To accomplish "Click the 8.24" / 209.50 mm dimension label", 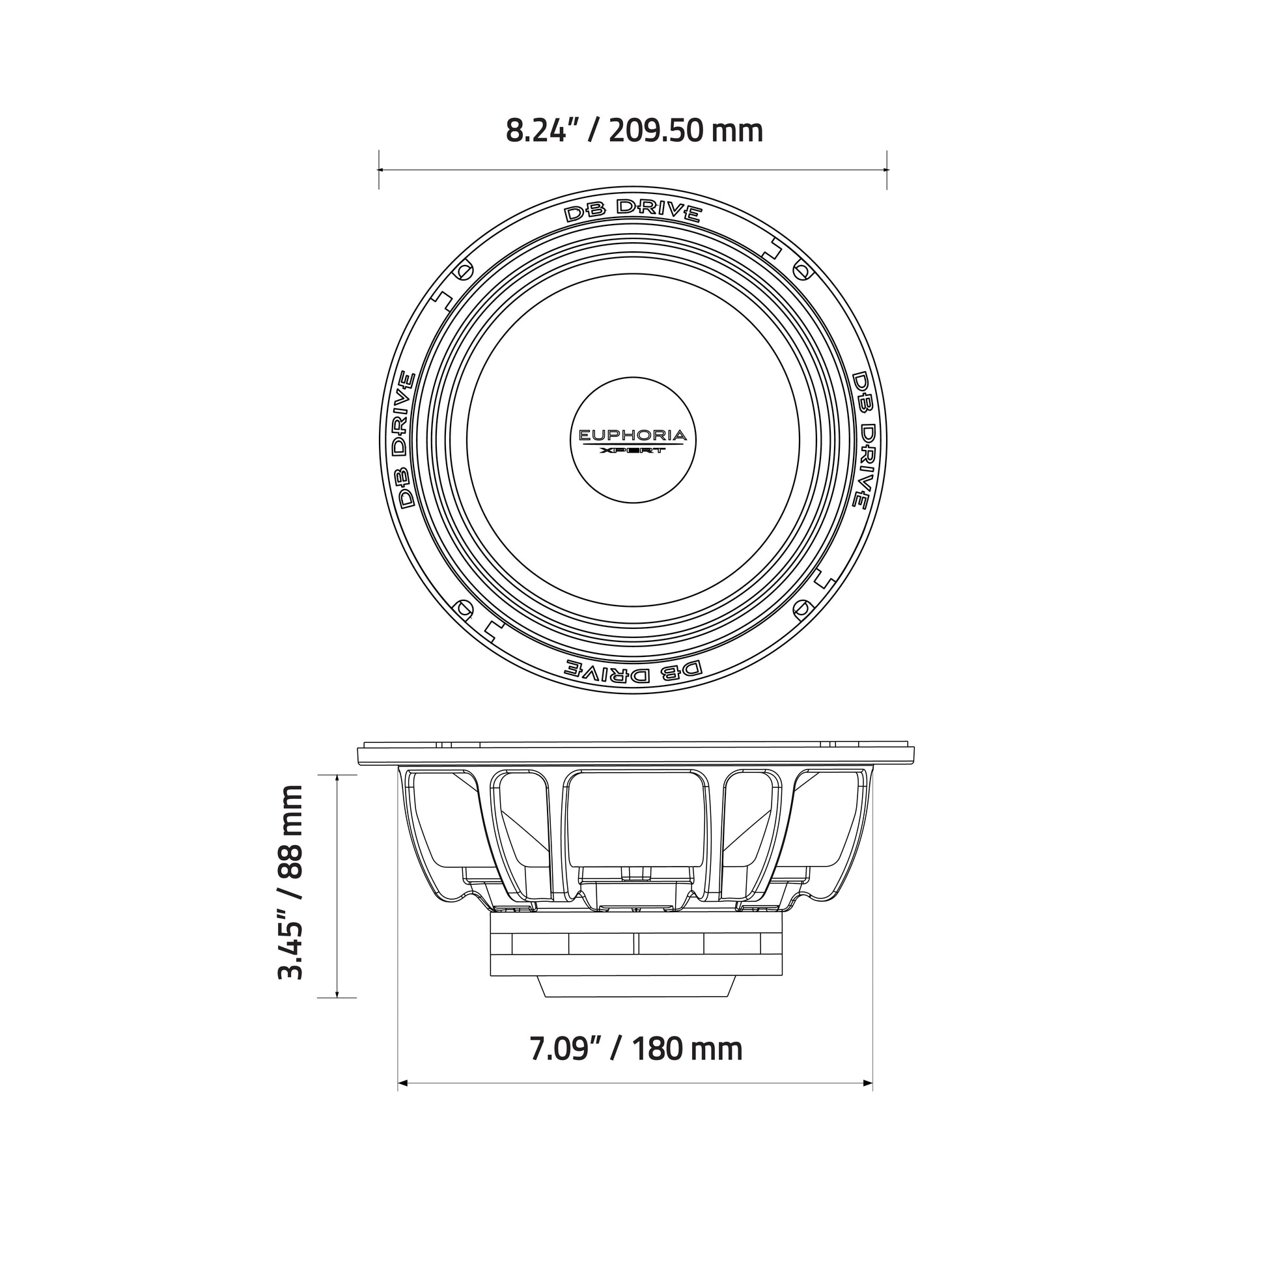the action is (x=634, y=131).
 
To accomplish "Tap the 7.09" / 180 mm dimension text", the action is (x=636, y=1048).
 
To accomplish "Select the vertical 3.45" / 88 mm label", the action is (x=290, y=882).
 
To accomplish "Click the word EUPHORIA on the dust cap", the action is (x=632, y=435).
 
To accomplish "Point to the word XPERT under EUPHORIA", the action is (x=633, y=451).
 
